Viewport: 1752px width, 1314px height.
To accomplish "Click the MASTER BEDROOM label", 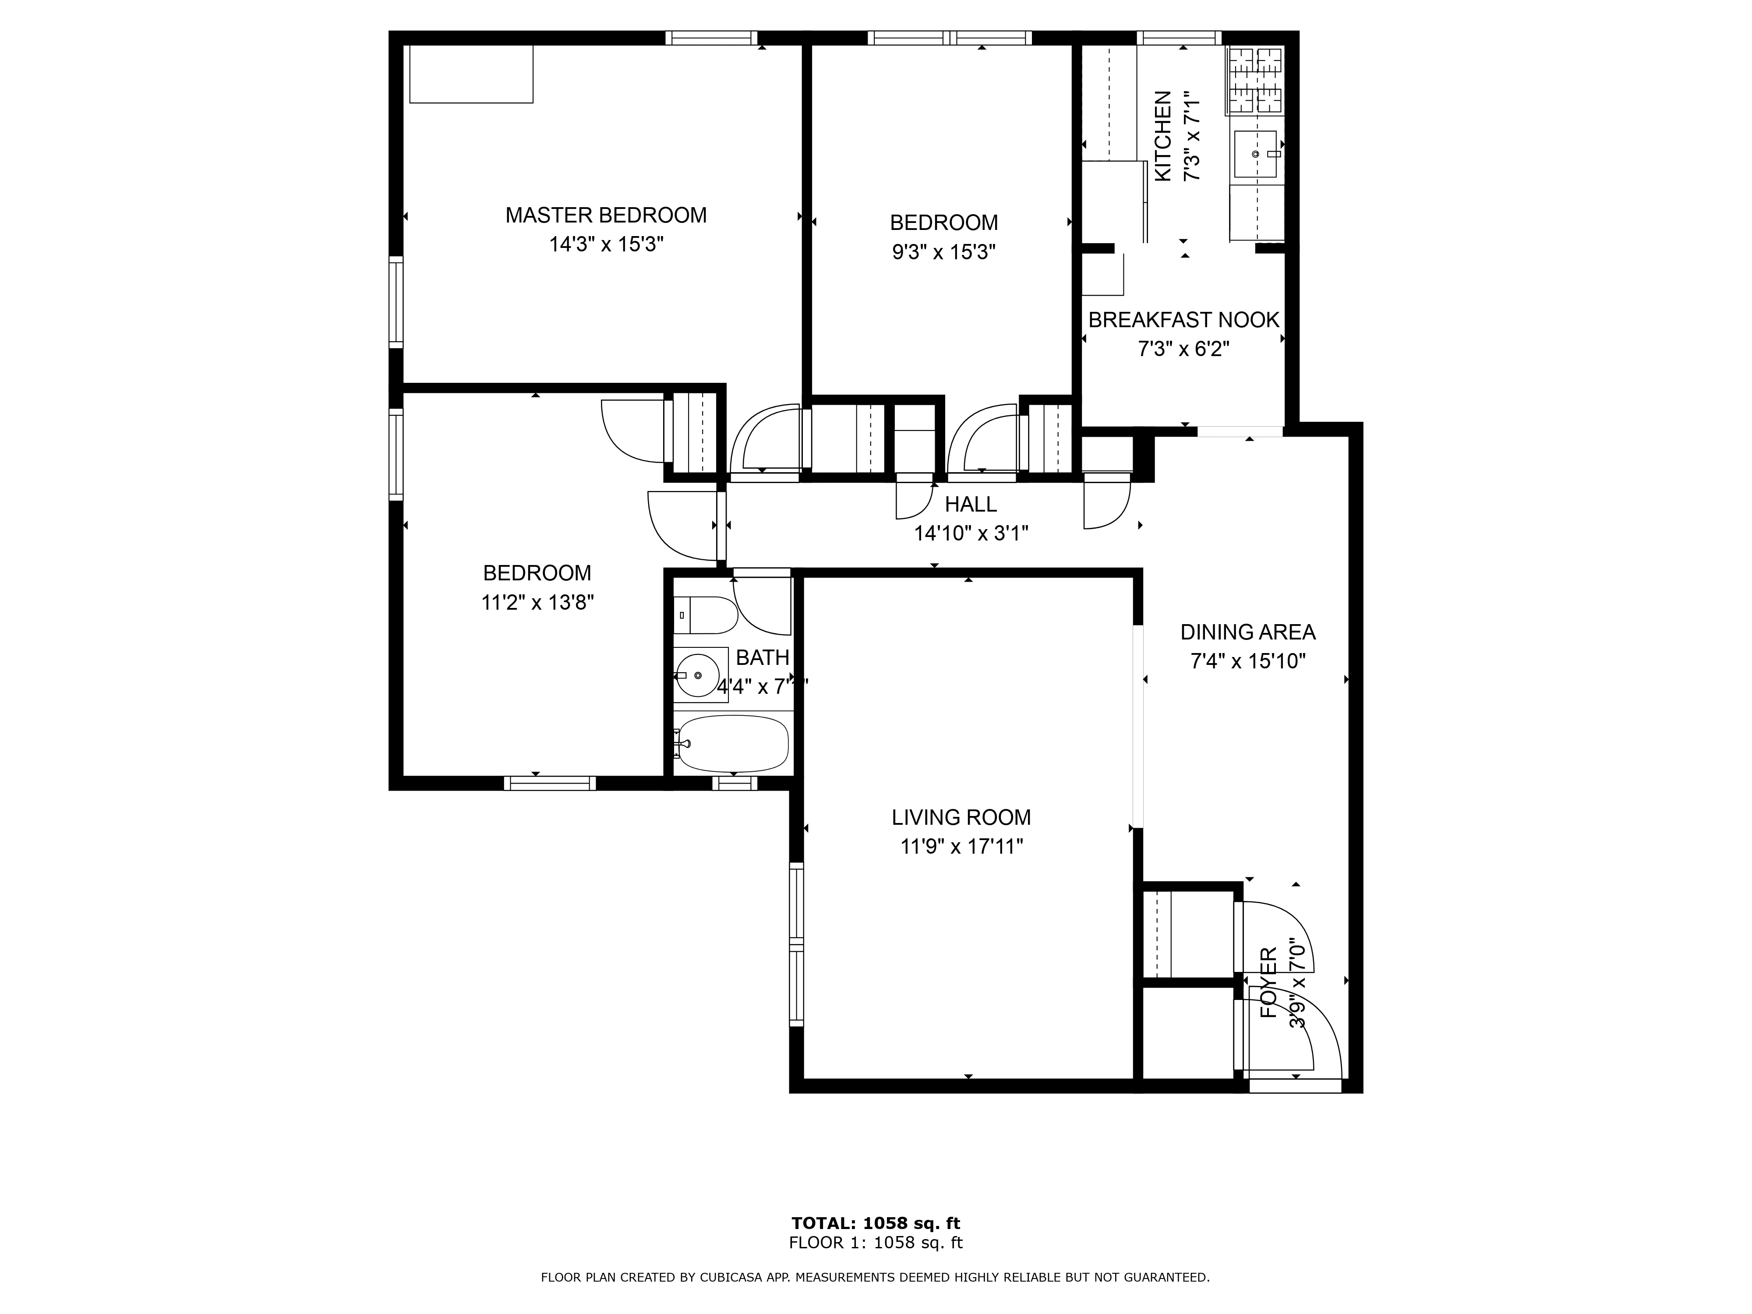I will pos(606,215).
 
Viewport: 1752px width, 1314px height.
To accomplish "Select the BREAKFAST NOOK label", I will pos(1183,320).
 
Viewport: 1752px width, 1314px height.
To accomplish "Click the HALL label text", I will pos(970,505).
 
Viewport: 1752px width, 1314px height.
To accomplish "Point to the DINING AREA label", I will pos(1247,632).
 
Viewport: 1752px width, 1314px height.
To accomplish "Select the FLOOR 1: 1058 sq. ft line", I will pos(875,1243).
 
